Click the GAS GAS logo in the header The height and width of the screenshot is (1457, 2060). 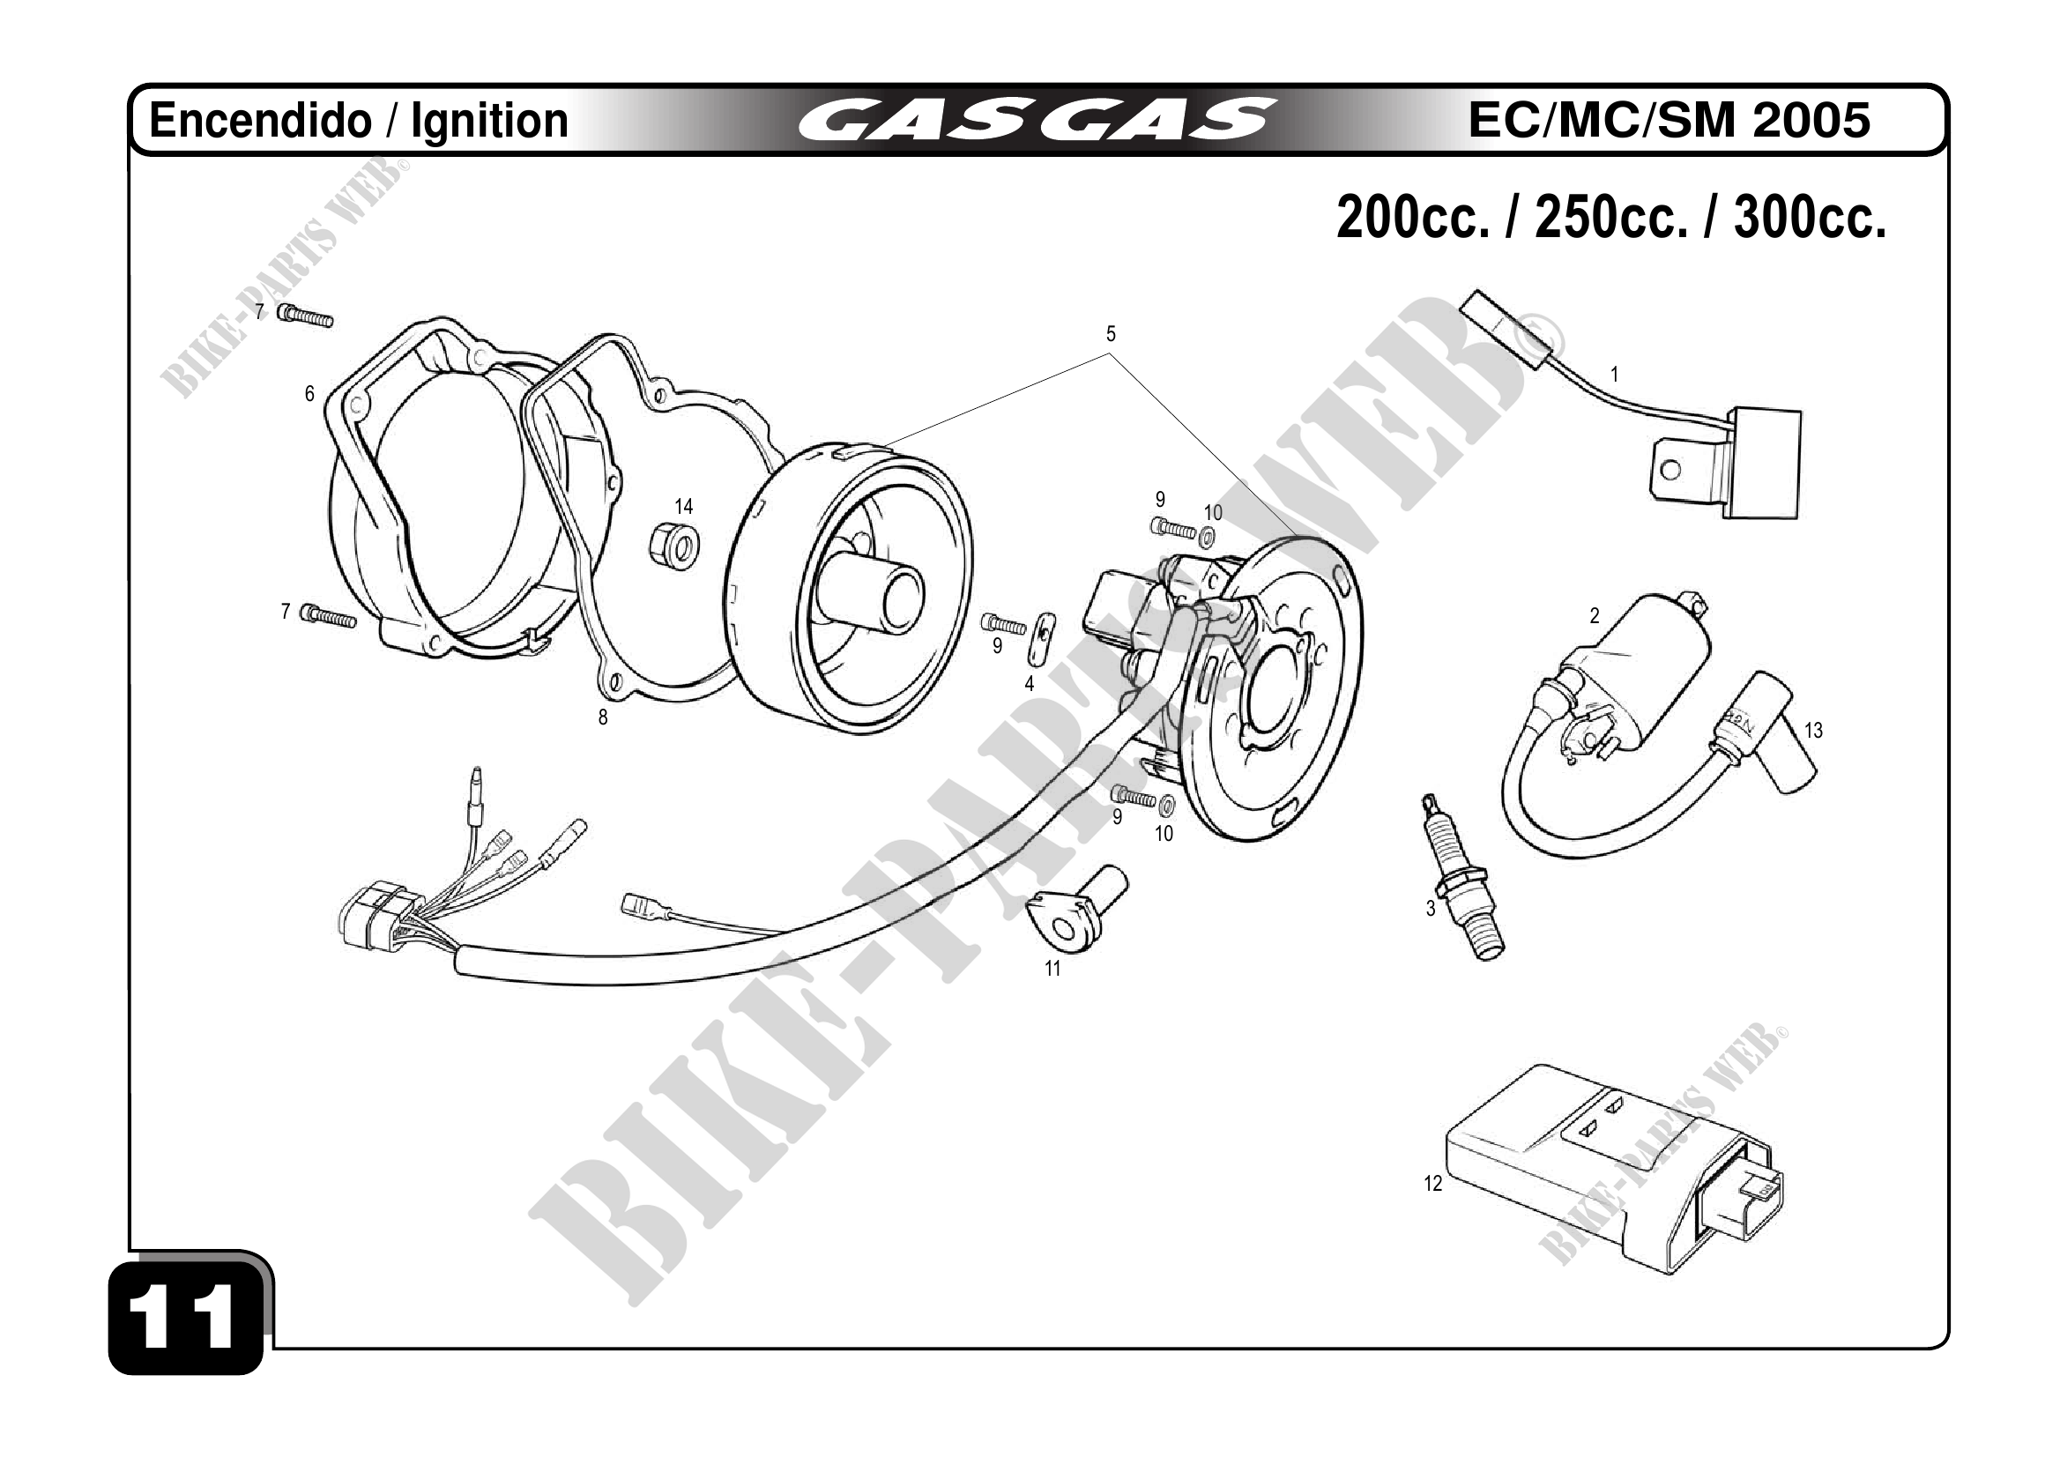coord(1036,120)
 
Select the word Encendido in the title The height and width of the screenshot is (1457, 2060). coord(260,120)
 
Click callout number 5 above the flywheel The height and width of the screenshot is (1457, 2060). coord(1111,335)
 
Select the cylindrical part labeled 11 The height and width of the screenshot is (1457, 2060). coord(1077,907)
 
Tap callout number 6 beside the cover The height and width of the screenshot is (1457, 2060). coord(309,394)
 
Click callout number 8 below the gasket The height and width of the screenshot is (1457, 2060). coord(603,717)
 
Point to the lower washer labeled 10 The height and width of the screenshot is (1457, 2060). coord(1168,802)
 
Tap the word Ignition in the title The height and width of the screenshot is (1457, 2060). coord(490,120)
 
